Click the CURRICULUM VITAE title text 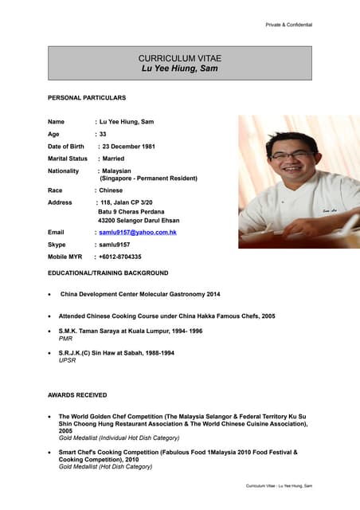coord(179,58)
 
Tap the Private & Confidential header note coord(288,25)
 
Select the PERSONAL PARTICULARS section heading coord(87,97)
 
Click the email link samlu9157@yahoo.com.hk coord(137,232)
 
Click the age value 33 coord(103,134)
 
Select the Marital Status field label coord(68,159)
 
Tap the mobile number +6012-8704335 coord(119,257)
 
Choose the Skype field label coord(57,245)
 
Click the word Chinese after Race coord(111,190)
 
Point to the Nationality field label coord(64,171)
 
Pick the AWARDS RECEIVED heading coord(77,394)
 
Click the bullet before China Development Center coord(51,294)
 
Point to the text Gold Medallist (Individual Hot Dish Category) coord(119,438)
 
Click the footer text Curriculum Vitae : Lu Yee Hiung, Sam coord(279,485)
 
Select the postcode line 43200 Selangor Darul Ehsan coord(139,220)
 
